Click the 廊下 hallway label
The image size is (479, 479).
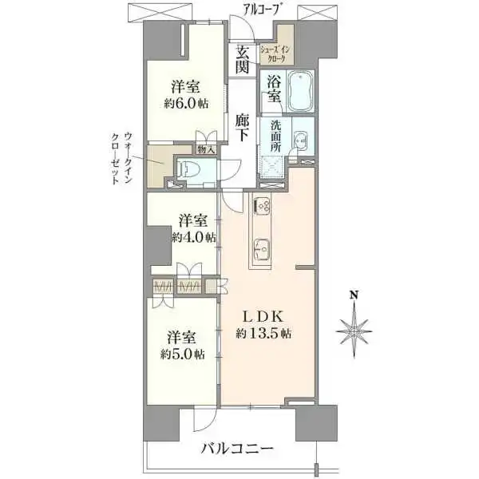click(243, 129)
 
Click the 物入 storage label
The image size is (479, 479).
click(206, 148)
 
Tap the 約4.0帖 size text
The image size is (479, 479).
click(193, 237)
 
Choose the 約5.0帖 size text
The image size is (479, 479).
click(187, 354)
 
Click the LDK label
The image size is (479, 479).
click(263, 315)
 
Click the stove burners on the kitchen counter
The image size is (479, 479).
click(263, 206)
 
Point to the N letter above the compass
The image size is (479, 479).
click(353, 295)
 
